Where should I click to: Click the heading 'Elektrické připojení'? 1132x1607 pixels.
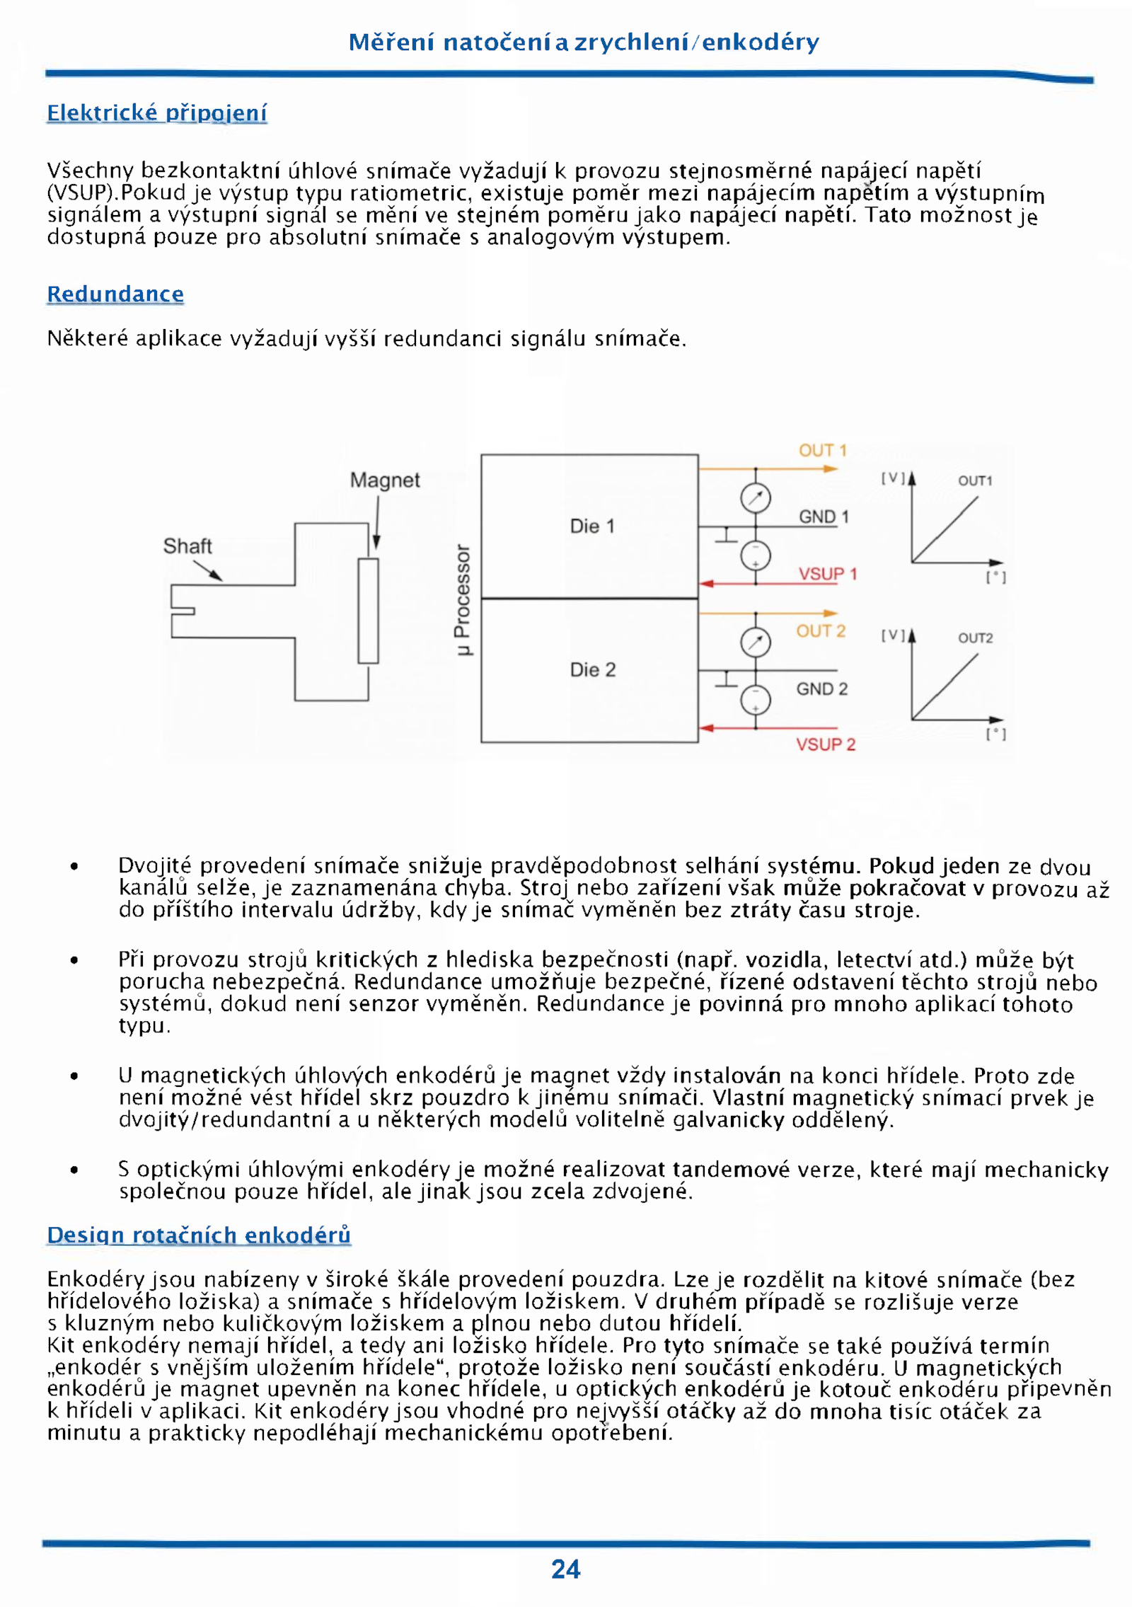click(x=156, y=113)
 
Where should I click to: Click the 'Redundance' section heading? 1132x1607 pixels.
click(x=115, y=294)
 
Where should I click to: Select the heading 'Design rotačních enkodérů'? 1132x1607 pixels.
click(x=199, y=1235)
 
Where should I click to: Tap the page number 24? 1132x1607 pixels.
click(x=565, y=1569)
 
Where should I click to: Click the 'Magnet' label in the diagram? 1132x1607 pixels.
click(x=385, y=480)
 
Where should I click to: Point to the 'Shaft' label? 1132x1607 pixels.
click(x=187, y=546)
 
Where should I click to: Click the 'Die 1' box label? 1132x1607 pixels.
click(x=592, y=526)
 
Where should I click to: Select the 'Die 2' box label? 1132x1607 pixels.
click(x=593, y=669)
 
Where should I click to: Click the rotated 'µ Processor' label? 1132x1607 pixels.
click(x=462, y=600)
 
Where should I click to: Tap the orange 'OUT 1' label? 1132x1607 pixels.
click(x=822, y=451)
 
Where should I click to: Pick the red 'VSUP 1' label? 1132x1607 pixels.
click(x=827, y=574)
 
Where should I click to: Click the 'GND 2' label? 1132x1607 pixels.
click(x=821, y=689)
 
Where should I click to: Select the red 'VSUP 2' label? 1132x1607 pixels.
click(x=825, y=744)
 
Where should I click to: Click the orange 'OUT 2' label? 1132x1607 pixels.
click(x=821, y=631)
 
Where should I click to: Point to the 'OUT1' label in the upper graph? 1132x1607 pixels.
click(x=975, y=481)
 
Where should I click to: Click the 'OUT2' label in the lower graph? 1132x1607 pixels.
click(x=975, y=638)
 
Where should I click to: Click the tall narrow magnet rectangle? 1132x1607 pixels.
click(x=368, y=611)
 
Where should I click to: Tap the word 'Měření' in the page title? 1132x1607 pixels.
click(x=390, y=42)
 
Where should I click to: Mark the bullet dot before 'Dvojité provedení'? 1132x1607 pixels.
click(x=74, y=866)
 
